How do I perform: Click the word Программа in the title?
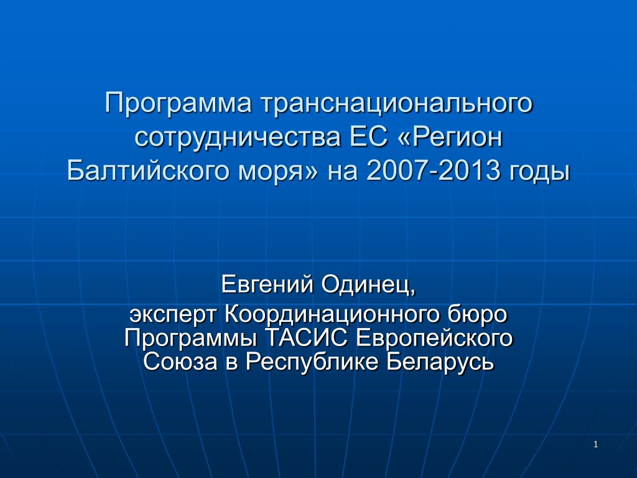[179, 104]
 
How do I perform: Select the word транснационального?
[396, 104]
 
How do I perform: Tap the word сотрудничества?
[238, 138]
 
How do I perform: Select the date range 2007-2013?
[433, 170]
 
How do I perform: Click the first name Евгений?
[267, 284]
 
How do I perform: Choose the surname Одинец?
[368, 284]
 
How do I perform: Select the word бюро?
[478, 314]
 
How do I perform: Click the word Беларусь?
[440, 362]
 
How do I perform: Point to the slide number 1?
[596, 444]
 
